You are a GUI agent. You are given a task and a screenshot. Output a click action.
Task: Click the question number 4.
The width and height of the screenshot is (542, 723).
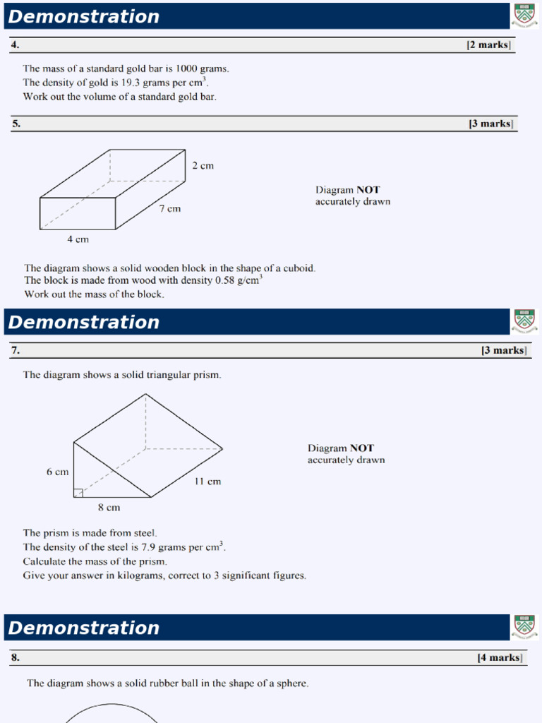15,45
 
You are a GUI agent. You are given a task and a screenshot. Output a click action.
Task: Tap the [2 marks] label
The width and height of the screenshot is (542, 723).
488,45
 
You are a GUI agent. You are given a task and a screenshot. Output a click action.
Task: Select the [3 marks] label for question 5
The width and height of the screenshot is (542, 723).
491,124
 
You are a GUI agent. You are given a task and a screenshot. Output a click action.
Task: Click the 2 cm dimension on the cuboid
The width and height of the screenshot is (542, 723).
203,166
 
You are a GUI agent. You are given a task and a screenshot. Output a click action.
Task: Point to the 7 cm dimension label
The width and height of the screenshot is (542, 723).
169,209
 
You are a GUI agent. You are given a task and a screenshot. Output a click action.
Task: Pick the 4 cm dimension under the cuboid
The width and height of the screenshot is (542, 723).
78,239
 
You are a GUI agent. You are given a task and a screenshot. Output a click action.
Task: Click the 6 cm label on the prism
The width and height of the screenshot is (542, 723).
57,472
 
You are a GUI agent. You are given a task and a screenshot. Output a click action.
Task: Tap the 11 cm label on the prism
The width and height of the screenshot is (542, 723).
207,482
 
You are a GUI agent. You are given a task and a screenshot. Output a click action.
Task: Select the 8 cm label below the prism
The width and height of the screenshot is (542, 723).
109,507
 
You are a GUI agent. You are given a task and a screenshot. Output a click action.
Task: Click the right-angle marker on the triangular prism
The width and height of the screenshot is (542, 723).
78,492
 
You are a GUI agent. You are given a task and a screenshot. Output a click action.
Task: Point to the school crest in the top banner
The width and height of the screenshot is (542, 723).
524,16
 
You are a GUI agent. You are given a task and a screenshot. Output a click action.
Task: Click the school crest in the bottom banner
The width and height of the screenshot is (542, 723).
524,627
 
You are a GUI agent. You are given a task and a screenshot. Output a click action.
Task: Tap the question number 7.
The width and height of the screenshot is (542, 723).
15,350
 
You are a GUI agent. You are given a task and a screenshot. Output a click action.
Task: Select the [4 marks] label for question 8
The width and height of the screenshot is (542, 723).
500,657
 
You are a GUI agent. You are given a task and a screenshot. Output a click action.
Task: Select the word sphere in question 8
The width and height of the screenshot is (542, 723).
292,683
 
